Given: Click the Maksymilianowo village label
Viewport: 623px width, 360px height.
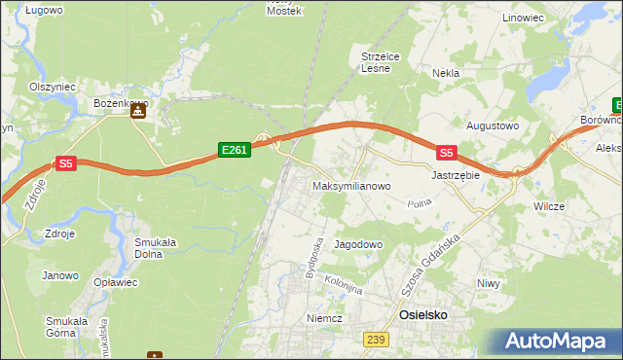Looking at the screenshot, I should tap(351, 185).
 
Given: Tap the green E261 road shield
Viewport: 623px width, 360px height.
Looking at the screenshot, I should tap(235, 150).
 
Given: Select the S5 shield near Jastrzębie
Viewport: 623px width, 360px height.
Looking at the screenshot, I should tap(446, 153).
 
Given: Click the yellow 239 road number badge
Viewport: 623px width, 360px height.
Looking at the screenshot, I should tap(378, 339).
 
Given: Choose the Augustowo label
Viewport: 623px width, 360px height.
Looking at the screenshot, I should tap(493, 126).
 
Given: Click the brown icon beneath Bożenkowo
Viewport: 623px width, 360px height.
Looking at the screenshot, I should tap(138, 114).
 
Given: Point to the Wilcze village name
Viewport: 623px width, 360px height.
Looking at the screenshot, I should tap(550, 207).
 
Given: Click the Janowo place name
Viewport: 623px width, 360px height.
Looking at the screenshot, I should tap(59, 275).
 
